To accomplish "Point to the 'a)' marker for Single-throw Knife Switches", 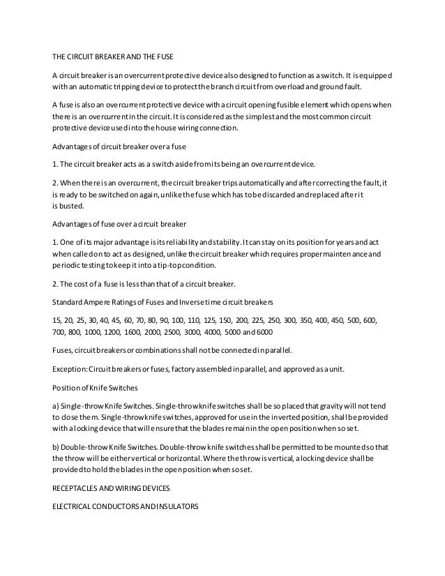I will point(56,406).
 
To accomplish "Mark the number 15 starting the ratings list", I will point(56,319).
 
